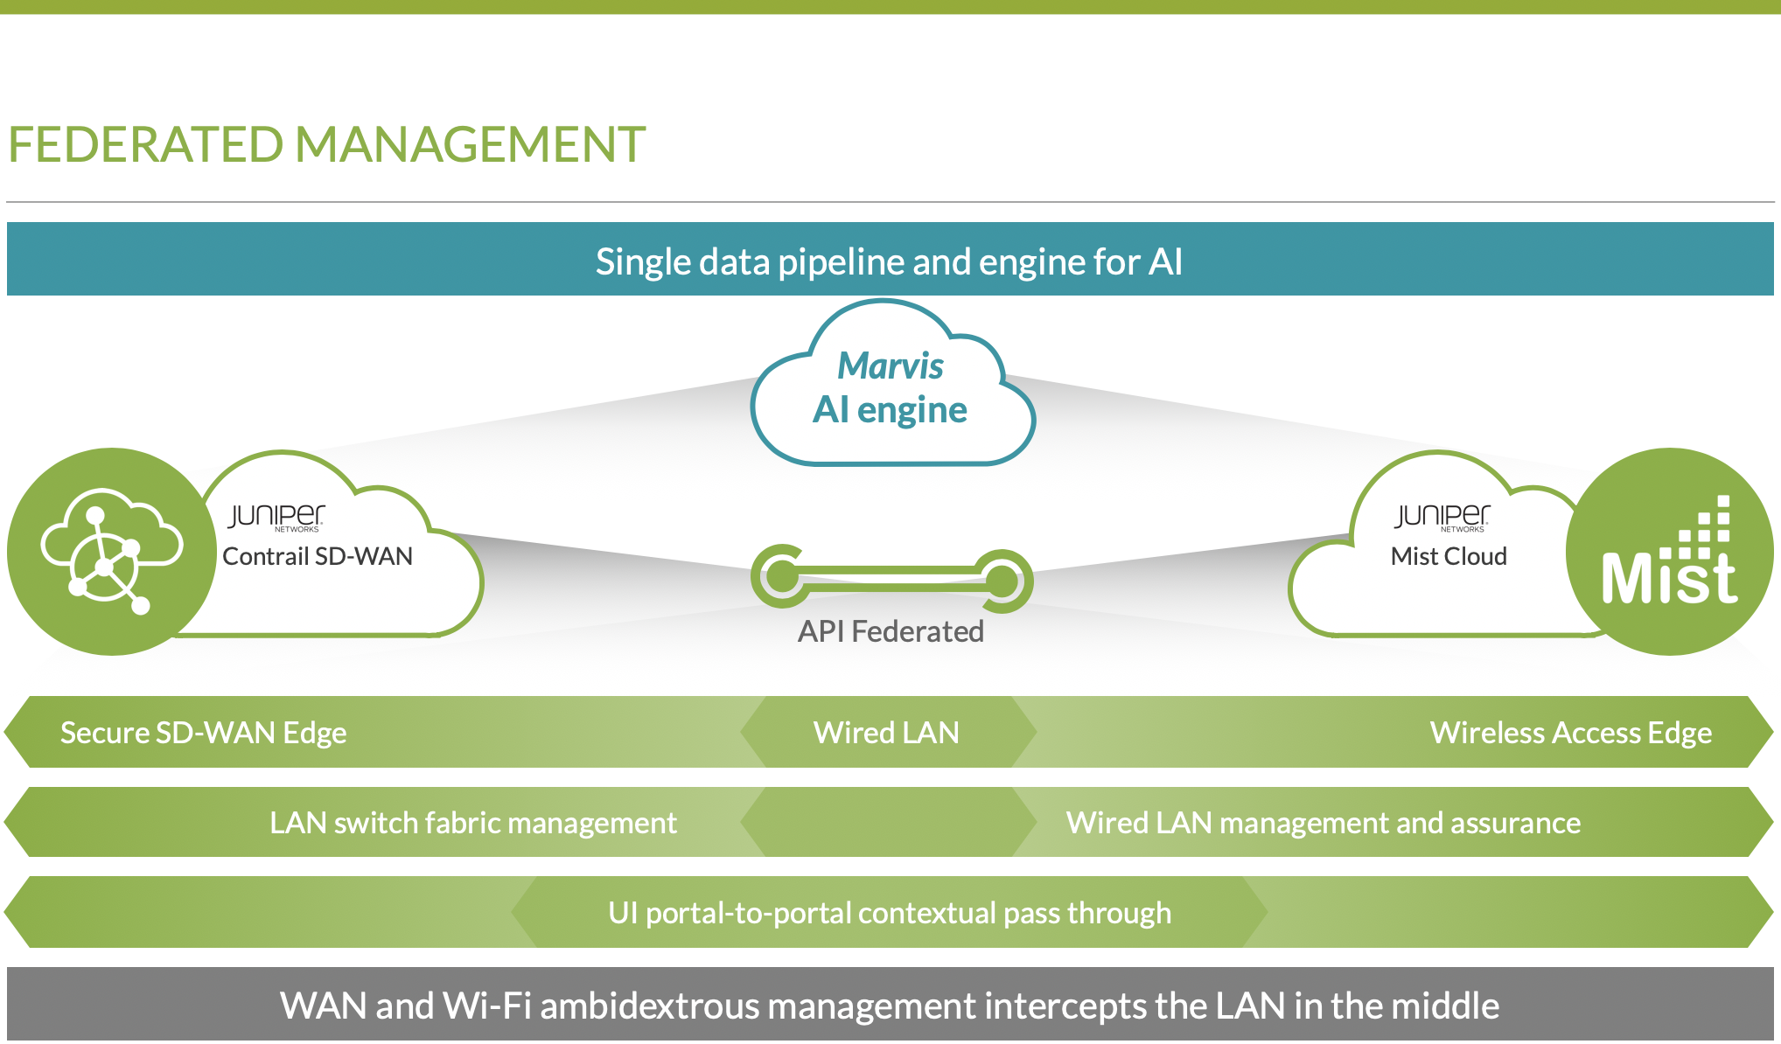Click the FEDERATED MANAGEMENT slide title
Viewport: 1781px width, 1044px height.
[326, 144]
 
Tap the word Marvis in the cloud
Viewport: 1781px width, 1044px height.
[890, 365]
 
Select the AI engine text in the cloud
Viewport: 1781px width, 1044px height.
[890, 409]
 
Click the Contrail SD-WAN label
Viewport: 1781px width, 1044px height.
[317, 556]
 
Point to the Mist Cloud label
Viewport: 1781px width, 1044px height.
[1449, 556]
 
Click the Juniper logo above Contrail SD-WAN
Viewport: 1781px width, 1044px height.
[276, 517]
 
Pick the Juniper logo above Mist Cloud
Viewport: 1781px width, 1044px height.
[1442, 517]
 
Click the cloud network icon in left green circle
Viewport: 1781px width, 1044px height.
[110, 551]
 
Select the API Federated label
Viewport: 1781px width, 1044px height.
[890, 631]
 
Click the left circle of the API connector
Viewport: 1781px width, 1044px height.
[781, 576]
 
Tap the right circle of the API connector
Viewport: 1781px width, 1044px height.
[1002, 579]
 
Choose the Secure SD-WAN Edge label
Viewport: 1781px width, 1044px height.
[203, 733]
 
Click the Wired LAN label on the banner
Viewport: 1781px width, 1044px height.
[886, 733]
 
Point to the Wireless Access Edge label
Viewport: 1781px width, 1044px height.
[1570, 733]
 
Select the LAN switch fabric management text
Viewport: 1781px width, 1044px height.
[472, 823]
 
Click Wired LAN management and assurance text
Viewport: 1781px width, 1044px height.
[1323, 823]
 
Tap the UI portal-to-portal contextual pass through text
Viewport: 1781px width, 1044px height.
[890, 913]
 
